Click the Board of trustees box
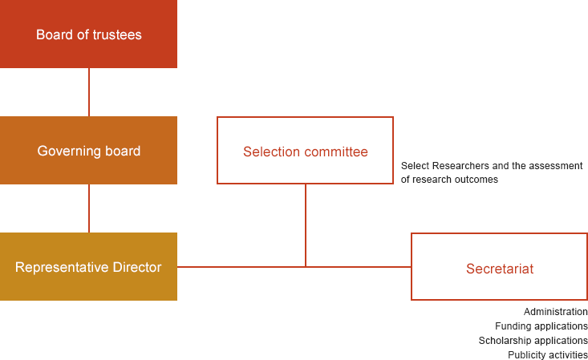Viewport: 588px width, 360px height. click(x=88, y=34)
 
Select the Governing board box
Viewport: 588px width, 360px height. click(x=88, y=150)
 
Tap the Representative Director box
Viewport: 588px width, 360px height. click(x=88, y=266)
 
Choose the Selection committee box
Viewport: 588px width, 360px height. click(x=306, y=151)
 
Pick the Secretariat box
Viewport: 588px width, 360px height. click(x=500, y=267)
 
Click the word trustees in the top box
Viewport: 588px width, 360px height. click(x=117, y=34)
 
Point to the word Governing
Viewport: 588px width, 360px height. click(x=69, y=151)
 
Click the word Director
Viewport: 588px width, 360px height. click(x=137, y=267)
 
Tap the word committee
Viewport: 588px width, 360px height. click(x=336, y=152)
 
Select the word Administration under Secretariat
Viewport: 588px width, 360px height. click(x=556, y=312)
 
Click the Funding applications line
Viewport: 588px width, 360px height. click(x=541, y=326)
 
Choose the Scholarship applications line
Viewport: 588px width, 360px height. click(x=533, y=341)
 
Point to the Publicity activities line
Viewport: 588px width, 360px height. click(x=548, y=354)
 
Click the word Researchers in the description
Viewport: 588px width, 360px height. click(x=461, y=166)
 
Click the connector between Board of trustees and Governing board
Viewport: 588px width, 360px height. click(x=89, y=92)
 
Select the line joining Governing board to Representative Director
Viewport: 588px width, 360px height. click(x=89, y=208)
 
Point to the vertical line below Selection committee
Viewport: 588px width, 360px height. click(x=306, y=225)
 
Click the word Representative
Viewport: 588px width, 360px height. click(x=63, y=267)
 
